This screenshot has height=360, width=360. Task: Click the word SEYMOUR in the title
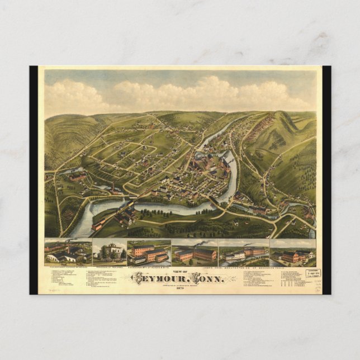tap(159, 278)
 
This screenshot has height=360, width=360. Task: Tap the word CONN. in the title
tap(207, 278)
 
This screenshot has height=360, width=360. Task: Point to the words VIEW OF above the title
tap(179, 270)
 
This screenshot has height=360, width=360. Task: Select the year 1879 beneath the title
tap(179, 288)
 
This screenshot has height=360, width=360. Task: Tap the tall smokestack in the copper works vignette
tap(69, 247)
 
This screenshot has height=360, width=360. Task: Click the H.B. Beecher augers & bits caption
tap(149, 266)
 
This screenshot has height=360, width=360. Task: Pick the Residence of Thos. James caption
tap(108, 266)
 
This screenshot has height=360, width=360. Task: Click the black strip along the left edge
tap(34, 179)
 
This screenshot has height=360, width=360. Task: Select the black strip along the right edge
tap(326, 179)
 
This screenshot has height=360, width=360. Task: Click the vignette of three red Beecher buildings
tap(149, 253)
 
